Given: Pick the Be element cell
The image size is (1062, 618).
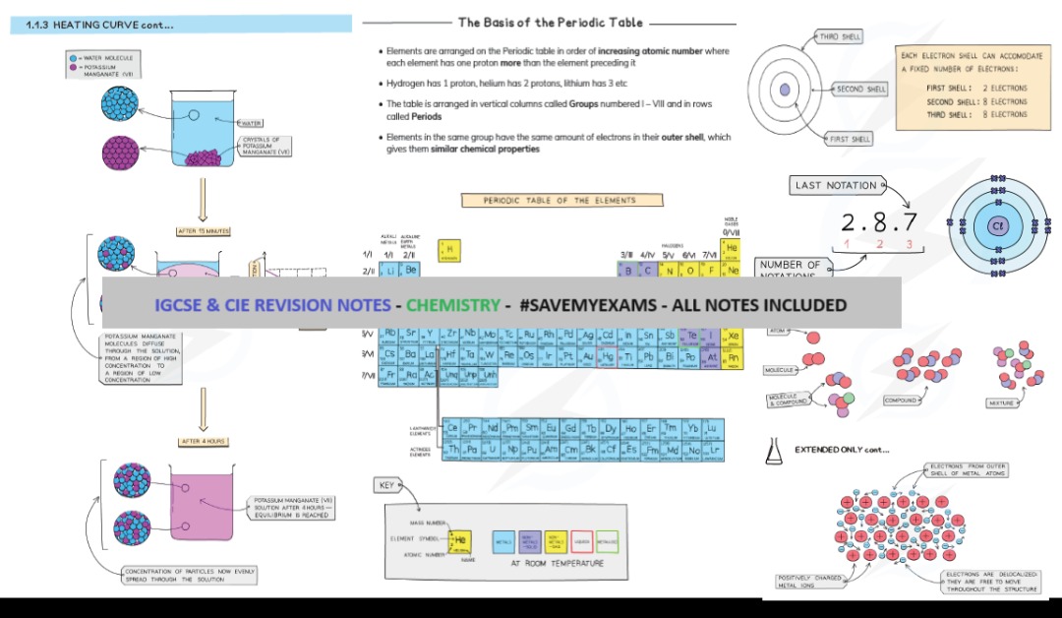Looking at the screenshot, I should (x=411, y=270).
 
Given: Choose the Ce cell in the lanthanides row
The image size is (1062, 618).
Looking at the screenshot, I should (x=452, y=428).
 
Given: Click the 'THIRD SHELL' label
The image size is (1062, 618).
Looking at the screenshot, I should (x=838, y=36).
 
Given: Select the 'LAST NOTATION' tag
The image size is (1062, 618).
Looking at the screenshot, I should (x=837, y=185).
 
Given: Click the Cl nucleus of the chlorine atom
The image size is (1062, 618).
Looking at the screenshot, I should (x=997, y=225).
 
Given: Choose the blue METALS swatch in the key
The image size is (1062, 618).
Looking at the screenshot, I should (x=503, y=541).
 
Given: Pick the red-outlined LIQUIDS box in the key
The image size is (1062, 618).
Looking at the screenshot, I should (x=581, y=541).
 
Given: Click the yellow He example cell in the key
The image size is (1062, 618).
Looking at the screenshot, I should (x=459, y=540).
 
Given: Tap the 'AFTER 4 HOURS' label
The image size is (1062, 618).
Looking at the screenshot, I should (x=204, y=441).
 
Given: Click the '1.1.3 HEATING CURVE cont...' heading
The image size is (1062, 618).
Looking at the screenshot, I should (x=98, y=25).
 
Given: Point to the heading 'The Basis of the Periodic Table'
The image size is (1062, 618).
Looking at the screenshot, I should (x=550, y=23).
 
